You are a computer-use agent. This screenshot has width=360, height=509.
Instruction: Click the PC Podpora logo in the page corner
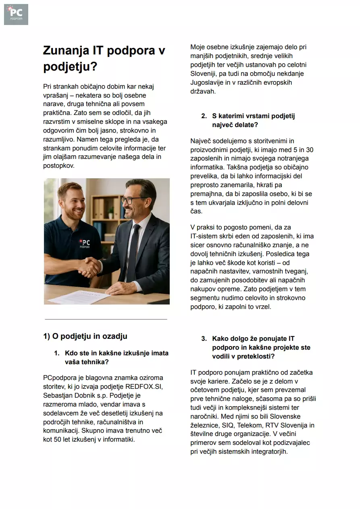pyautogui.click(x=16, y=15)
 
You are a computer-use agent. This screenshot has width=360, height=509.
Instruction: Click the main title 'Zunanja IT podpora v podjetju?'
pyautogui.click(x=104, y=58)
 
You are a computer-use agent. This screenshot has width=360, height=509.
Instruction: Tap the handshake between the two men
pyautogui.click(x=89, y=267)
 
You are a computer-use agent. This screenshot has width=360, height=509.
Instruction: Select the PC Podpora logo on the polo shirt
pyautogui.click(x=85, y=244)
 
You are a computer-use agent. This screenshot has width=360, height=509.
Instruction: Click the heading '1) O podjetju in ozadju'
pyautogui.click(x=85, y=336)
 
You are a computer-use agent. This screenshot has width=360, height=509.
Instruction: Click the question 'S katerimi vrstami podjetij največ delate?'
pyautogui.click(x=254, y=120)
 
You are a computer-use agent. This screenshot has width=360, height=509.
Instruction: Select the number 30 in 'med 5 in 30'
pyautogui.click(x=310, y=150)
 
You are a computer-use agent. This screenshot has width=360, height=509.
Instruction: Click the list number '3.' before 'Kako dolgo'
pyautogui.click(x=204, y=339)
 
